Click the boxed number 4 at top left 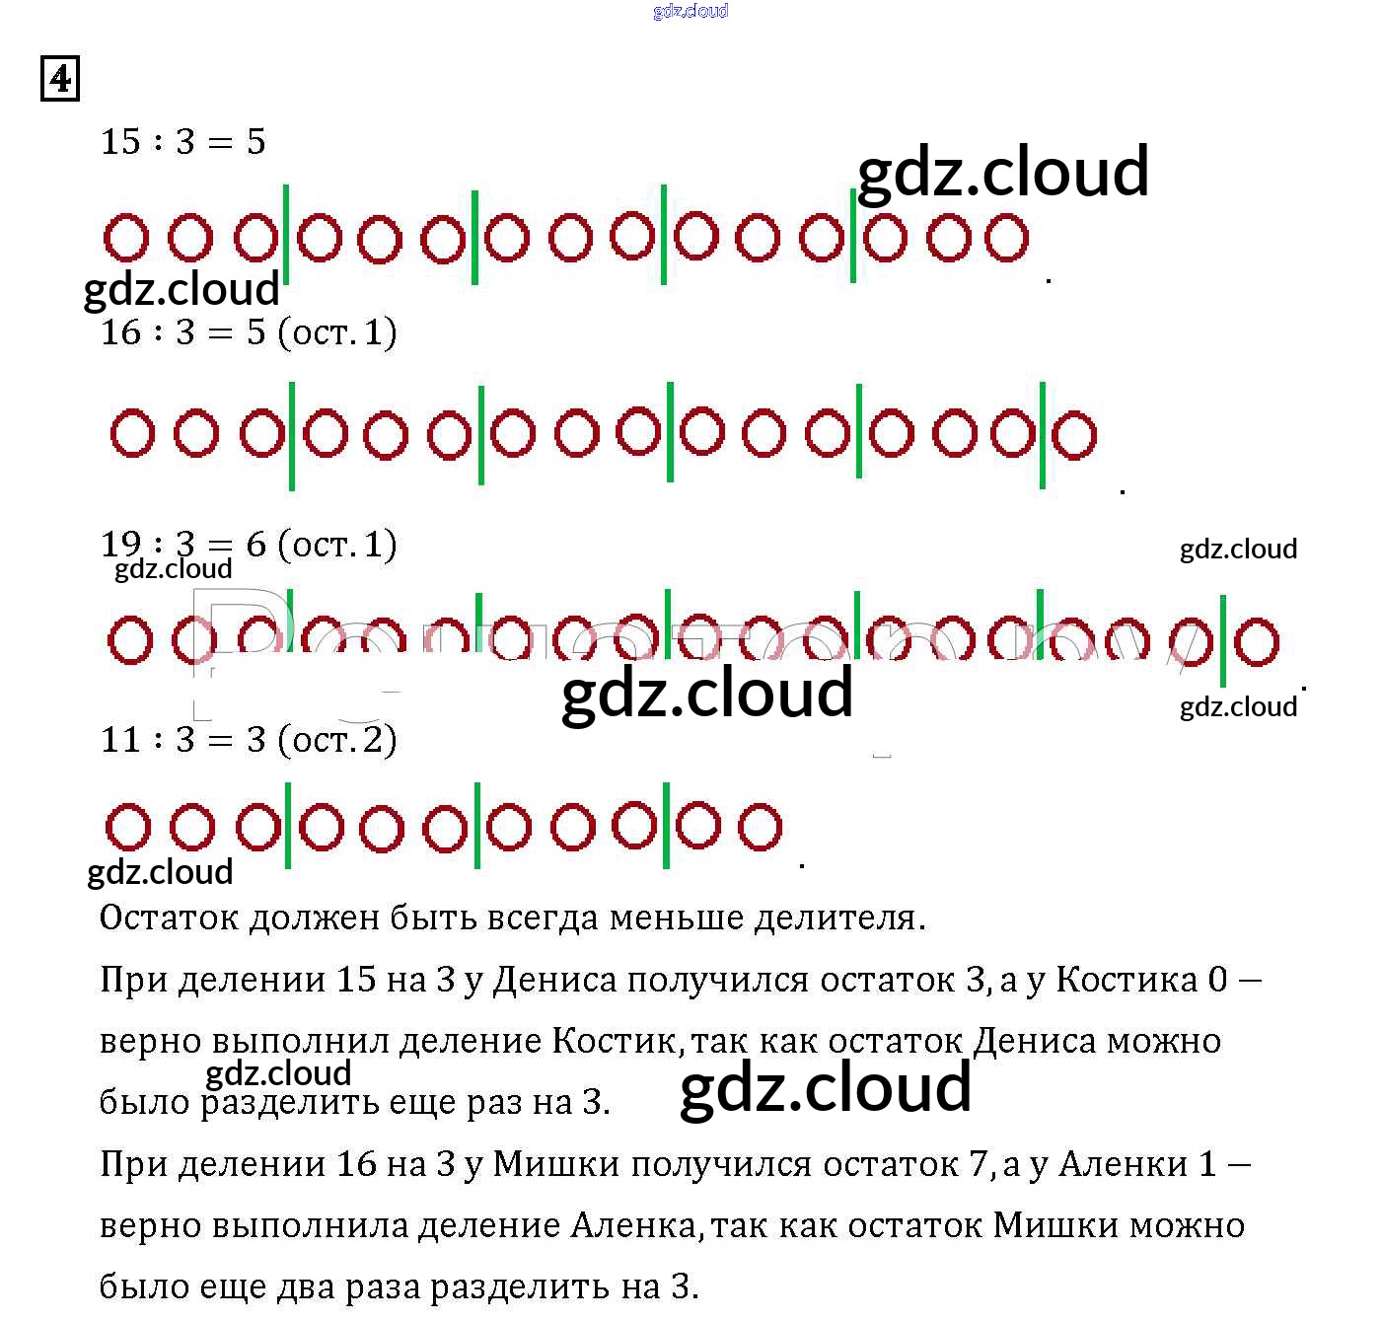coord(60,79)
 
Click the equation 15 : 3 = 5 coord(183,142)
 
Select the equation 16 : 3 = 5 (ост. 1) coord(249,332)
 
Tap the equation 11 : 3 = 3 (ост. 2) coord(249,739)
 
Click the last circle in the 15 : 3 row coord(1007,239)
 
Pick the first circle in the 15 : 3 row coord(126,238)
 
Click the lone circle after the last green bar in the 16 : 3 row coord(1074,435)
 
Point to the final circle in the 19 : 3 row coord(1257,641)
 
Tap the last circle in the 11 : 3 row coord(760,827)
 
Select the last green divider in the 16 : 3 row coord(1043,435)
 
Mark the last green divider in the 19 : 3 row coord(1223,641)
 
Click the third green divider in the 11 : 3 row coord(666,826)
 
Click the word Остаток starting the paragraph coord(169,918)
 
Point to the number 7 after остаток coord(978,1165)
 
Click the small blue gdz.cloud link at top coord(690,11)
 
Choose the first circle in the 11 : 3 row coord(128,828)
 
